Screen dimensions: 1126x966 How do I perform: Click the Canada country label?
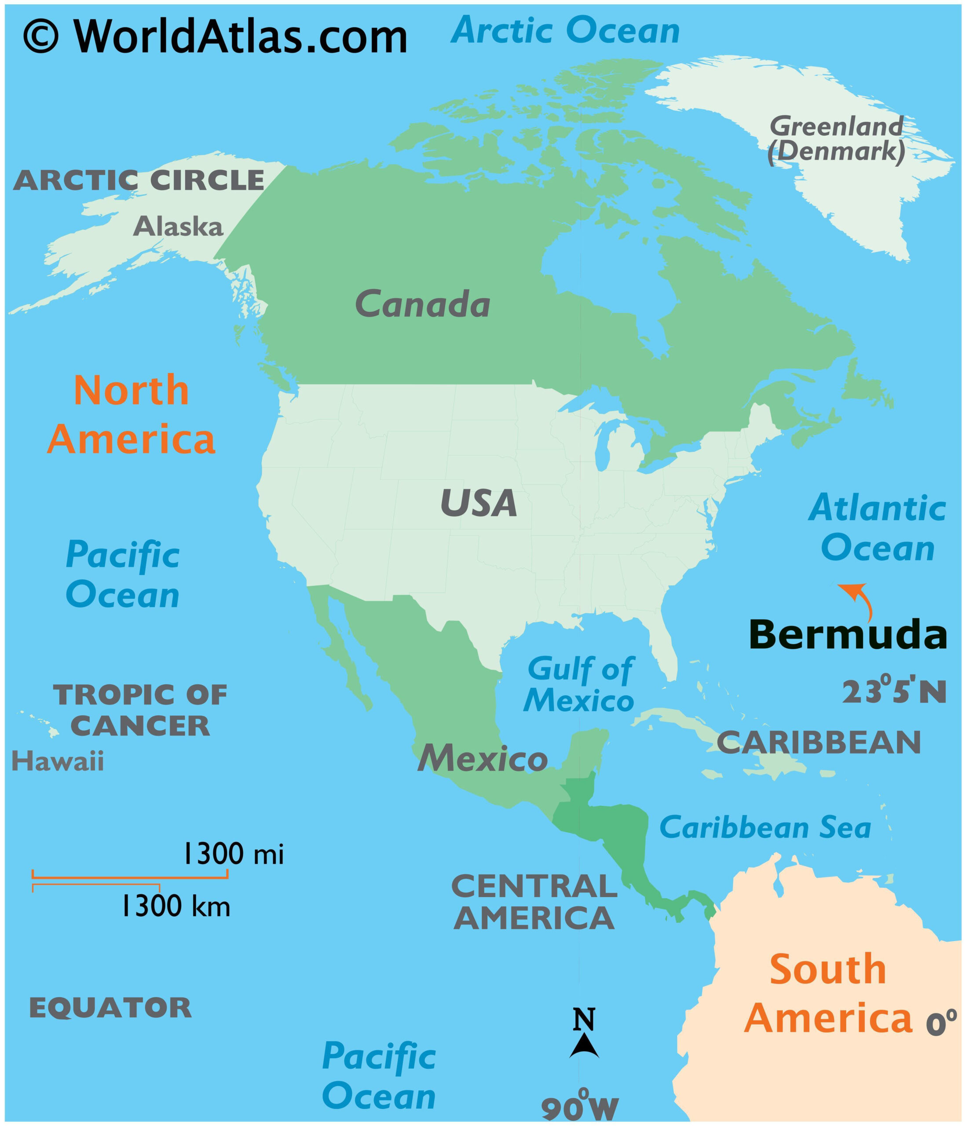(x=422, y=304)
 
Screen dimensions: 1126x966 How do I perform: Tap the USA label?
(x=478, y=503)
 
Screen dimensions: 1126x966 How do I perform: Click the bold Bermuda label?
(x=848, y=634)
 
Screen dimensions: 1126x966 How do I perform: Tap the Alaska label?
(x=178, y=226)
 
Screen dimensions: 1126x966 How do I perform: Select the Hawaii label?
(x=58, y=761)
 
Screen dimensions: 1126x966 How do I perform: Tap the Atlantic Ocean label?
(x=878, y=528)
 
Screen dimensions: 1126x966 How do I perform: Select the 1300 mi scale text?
(x=233, y=854)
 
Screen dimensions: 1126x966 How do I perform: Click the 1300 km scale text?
(x=175, y=907)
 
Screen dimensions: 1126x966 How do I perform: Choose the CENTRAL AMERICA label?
(x=534, y=902)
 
